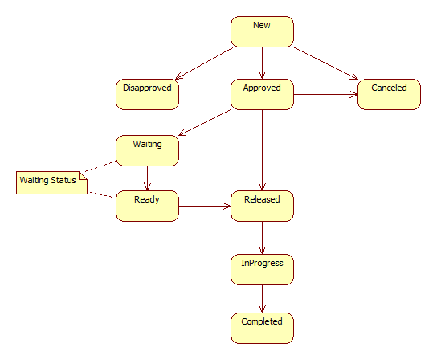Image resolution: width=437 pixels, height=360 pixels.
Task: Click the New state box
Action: pyautogui.click(x=262, y=31)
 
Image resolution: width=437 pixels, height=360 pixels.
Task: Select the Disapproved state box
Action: pyautogui.click(x=147, y=94)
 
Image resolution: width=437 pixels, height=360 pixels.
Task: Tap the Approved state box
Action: pyautogui.click(x=262, y=94)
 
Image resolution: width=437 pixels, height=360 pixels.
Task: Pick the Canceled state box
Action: pyautogui.click(x=389, y=94)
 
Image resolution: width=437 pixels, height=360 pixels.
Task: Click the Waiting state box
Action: pyautogui.click(x=147, y=150)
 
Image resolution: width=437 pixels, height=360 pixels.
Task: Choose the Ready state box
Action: pyautogui.click(x=147, y=206)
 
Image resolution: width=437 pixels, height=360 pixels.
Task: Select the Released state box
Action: pyautogui.click(x=262, y=206)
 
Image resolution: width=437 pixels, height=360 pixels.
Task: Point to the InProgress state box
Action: pyautogui.click(x=262, y=269)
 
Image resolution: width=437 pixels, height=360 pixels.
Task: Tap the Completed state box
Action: pyautogui.click(x=262, y=328)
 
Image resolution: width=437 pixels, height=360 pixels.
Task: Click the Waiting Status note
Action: pyautogui.click(x=51, y=182)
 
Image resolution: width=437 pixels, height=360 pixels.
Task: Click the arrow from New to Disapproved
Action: pyautogui.click(x=204, y=63)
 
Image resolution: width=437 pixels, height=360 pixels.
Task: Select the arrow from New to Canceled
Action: pyautogui.click(x=326, y=63)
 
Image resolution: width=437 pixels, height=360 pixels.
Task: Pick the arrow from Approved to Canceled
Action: pyautogui.click(x=325, y=94)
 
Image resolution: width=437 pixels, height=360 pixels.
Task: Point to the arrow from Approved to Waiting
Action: pyautogui.click(x=205, y=122)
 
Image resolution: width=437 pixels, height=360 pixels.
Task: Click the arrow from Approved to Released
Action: pyautogui.click(x=262, y=150)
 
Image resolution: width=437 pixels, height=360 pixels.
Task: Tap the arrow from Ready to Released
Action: pyautogui.click(x=205, y=206)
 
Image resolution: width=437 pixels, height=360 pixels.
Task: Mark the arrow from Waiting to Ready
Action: pyautogui.click(x=147, y=178)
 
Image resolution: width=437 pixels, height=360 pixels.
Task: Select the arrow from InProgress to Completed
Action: pyautogui.click(x=262, y=299)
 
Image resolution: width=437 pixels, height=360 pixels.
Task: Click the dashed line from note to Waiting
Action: pyautogui.click(x=100, y=166)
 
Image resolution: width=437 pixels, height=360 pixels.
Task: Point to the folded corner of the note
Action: pyautogui.click(x=83, y=176)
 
